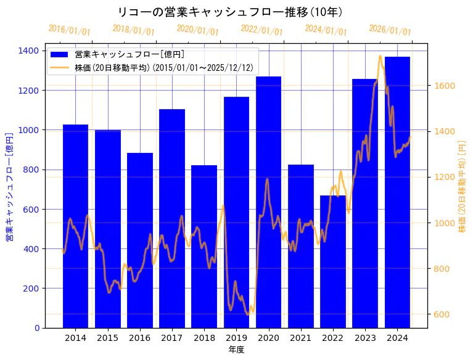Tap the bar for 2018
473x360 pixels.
[x=204, y=247]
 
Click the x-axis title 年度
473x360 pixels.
[x=236, y=350]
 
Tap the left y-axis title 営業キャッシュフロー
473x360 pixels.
[x=9, y=187]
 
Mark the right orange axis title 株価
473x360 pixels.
[x=462, y=187]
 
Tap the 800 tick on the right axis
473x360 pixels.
[x=440, y=269]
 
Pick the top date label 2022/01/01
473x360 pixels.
[x=261, y=30]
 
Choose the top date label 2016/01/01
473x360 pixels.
[x=69, y=30]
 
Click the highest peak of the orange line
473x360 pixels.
[x=380, y=56]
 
